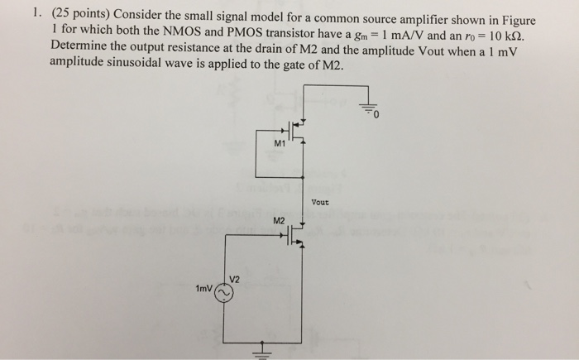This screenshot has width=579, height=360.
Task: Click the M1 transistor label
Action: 280,143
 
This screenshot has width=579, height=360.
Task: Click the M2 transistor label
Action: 280,219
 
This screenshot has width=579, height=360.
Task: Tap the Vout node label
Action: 320,202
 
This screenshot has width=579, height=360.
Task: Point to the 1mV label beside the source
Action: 204,290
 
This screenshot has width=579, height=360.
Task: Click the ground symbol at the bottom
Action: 265,349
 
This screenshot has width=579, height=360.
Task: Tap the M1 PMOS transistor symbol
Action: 297,128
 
